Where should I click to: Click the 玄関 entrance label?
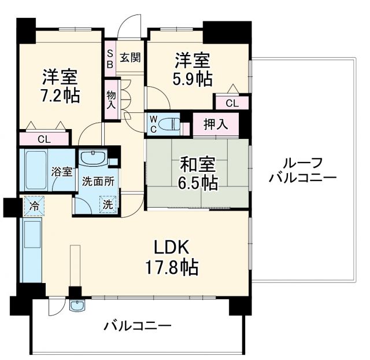(129, 57)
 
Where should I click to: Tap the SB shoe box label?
(109, 58)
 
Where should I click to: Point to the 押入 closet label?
(214, 123)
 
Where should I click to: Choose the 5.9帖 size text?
(193, 79)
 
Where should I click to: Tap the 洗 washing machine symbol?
(108, 204)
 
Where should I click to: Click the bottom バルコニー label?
(138, 326)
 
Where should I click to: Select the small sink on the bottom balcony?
(76, 306)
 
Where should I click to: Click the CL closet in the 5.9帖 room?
(231, 103)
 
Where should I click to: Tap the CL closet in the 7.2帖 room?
(43, 139)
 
